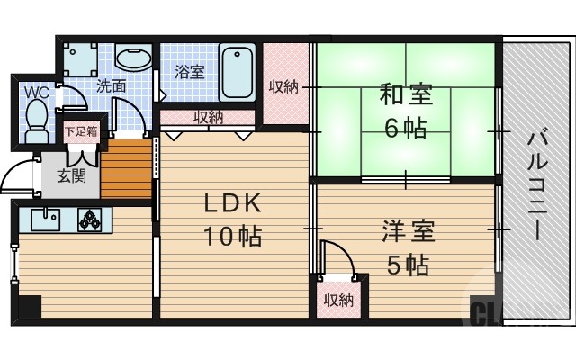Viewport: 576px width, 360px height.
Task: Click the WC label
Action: [x=37, y=92]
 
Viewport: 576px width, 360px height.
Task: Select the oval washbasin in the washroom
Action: [x=134, y=59]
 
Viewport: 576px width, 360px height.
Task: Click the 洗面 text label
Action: [x=111, y=87]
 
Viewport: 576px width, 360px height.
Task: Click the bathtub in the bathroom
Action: [x=238, y=72]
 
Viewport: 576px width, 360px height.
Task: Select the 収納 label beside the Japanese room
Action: [x=284, y=87]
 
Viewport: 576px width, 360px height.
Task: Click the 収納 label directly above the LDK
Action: [x=209, y=117]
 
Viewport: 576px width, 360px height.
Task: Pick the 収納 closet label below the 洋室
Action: [x=338, y=299]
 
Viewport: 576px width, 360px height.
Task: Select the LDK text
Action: [x=231, y=203]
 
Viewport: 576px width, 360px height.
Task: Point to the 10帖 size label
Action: [x=231, y=237]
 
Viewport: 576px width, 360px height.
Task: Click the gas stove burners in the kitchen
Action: [x=92, y=218]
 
